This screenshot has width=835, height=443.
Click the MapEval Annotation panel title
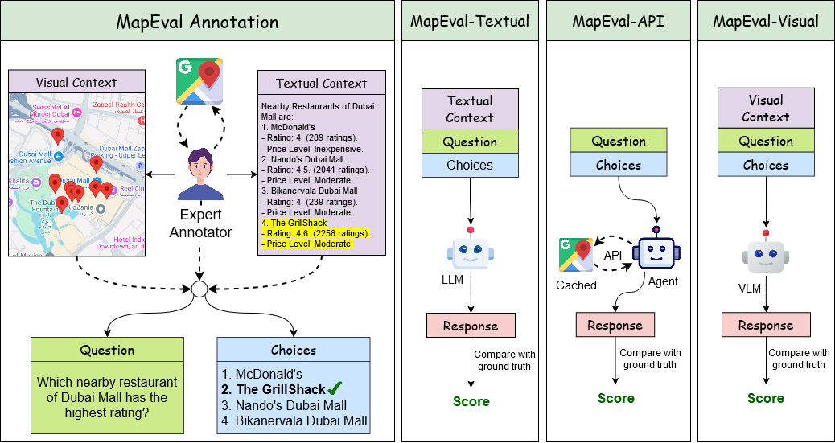click(197, 22)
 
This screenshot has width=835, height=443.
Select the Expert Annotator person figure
click(199, 178)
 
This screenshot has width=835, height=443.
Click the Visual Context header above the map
click(76, 82)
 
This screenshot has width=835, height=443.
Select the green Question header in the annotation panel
click(107, 350)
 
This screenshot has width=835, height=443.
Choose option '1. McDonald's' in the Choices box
click(263, 374)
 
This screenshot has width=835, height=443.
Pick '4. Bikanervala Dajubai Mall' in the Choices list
click(294, 420)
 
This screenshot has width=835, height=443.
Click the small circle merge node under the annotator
click(199, 289)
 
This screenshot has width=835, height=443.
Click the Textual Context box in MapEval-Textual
click(470, 109)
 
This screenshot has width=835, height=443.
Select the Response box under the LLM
click(471, 326)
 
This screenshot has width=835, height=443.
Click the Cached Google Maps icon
click(577, 256)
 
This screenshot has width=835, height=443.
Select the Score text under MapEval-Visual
click(765, 398)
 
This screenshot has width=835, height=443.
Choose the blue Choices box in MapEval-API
click(619, 165)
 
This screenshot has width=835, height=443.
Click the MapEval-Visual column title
click(765, 21)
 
